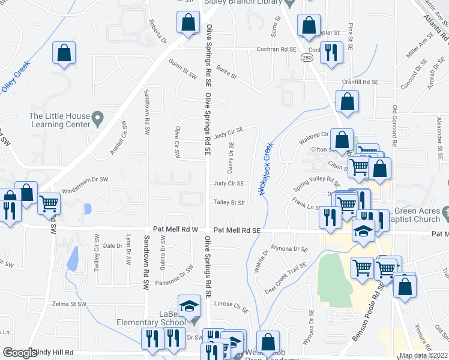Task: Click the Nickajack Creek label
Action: click(265, 169)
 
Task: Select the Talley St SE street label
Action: click(229, 203)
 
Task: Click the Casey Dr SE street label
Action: click(231, 156)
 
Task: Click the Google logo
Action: click(20, 353)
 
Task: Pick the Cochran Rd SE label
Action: click(277, 50)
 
